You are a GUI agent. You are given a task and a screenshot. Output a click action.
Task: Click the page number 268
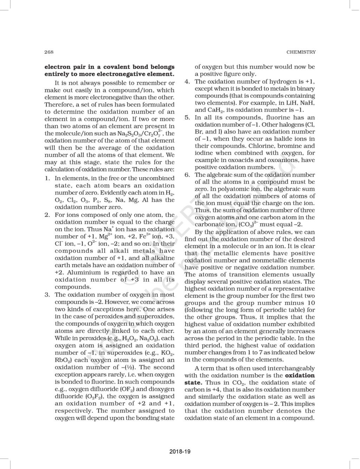tap(49, 52)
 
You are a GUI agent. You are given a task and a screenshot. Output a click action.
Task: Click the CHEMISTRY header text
tap(301, 52)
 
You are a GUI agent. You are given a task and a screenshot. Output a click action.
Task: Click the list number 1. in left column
tap(47, 179)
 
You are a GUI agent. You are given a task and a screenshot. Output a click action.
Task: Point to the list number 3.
tap(47, 295)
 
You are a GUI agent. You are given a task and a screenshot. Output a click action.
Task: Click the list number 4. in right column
tap(187, 82)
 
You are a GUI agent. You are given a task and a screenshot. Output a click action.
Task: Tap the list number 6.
tap(187, 175)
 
